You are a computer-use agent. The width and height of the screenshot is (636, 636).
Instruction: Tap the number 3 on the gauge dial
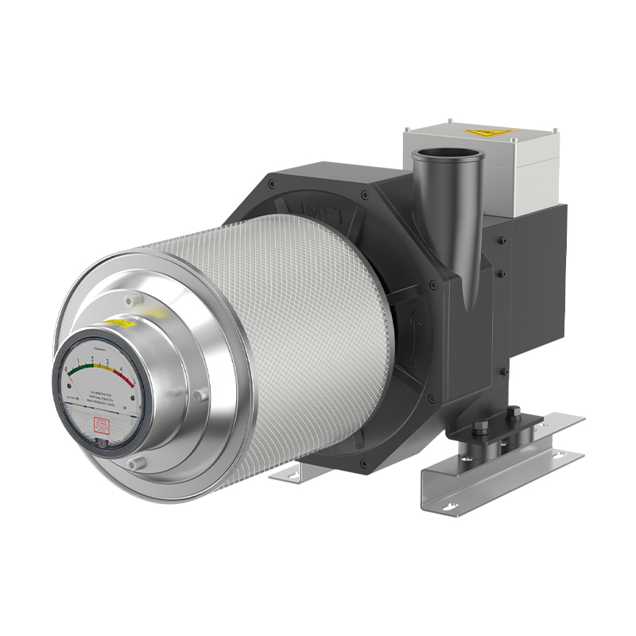point(107,360)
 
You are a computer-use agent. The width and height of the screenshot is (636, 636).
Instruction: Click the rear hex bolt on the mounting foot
point(514,413)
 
